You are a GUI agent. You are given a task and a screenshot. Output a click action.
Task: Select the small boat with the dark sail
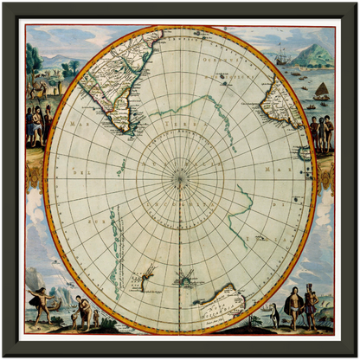tap(321, 90)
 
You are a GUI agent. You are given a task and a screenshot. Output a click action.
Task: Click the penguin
tap(274, 317)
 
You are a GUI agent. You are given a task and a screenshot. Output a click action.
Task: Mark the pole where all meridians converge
tap(180, 178)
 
